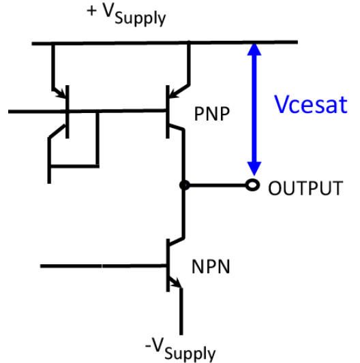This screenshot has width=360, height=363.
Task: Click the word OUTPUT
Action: tap(305, 188)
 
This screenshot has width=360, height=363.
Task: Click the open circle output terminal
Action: tap(253, 185)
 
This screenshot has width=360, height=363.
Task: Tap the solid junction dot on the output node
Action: tap(183, 185)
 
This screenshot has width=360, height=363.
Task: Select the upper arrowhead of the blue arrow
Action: tap(254, 51)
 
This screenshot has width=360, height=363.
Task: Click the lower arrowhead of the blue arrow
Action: tap(254, 169)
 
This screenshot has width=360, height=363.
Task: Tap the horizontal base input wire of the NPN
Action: tap(102, 265)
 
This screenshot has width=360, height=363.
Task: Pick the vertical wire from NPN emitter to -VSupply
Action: tap(182, 310)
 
